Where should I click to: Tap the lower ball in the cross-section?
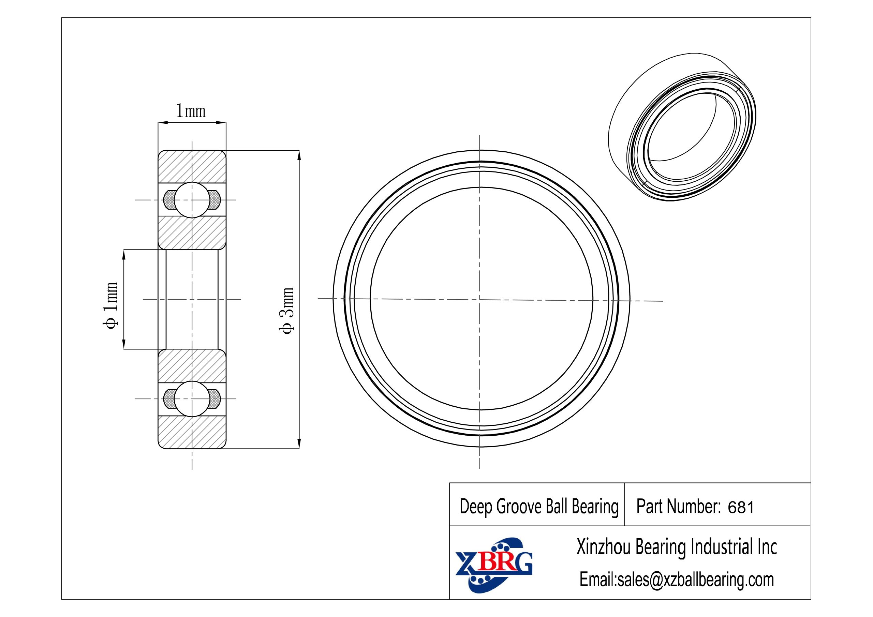[x=192, y=399]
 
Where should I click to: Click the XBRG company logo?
[x=493, y=565]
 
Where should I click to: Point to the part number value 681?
[x=741, y=508]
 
